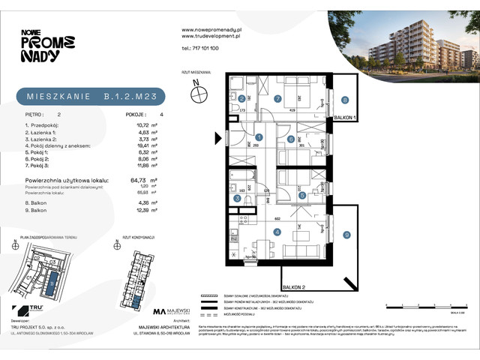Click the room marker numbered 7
(x=277, y=98)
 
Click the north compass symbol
(x=199, y=93)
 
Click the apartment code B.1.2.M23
(x=134, y=95)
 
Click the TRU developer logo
(x=29, y=310)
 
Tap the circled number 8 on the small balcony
(x=344, y=99)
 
